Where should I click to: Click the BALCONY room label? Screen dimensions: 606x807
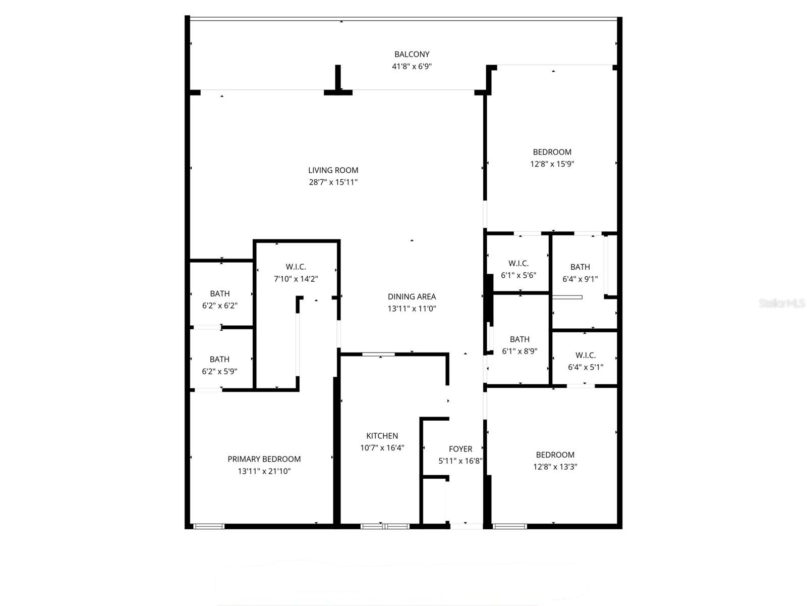(412, 54)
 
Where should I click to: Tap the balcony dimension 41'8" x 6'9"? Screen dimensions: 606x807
(412, 66)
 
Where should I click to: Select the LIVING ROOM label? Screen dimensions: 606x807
(333, 170)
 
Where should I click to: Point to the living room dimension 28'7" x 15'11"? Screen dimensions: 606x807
(333, 182)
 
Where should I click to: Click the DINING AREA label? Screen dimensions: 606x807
(412, 296)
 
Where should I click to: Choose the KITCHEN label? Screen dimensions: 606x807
(382, 436)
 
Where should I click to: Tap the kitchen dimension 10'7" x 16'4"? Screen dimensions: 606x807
(382, 448)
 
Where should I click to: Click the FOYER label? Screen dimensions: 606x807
(460, 449)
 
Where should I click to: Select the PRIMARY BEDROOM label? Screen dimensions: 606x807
(264, 459)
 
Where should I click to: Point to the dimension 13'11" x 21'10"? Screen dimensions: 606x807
(264, 471)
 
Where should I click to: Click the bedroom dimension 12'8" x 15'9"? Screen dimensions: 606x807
(552, 164)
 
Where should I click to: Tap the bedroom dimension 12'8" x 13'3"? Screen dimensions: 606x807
(555, 467)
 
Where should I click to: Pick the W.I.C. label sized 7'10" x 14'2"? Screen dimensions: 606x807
(296, 267)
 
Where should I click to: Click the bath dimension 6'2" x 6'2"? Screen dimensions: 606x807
(219, 306)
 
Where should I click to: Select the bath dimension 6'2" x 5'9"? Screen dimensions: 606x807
(219, 371)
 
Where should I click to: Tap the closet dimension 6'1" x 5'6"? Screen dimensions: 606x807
(518, 275)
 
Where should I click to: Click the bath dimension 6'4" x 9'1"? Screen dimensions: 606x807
(580, 279)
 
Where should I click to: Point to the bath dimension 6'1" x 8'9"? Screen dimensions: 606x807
(520, 351)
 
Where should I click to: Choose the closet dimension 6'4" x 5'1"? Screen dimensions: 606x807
(585, 367)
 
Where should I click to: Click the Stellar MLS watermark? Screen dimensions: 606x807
(781, 304)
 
